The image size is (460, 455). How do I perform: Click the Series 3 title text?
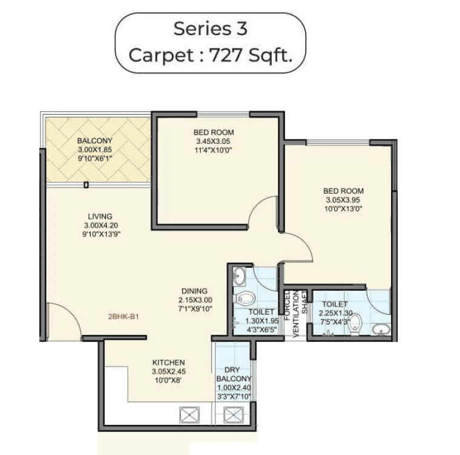[210, 28]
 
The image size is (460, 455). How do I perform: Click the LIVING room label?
[99, 216]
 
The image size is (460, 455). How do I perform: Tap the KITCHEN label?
[168, 363]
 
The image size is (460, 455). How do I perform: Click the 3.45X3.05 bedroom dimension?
[213, 143]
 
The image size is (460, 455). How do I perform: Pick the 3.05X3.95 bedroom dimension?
[343, 200]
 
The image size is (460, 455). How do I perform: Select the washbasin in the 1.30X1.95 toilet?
[239, 277]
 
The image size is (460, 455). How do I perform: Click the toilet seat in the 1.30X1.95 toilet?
[246, 298]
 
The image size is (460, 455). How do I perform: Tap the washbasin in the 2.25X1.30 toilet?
[381, 329]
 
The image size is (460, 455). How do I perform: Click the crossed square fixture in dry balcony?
[233, 415]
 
